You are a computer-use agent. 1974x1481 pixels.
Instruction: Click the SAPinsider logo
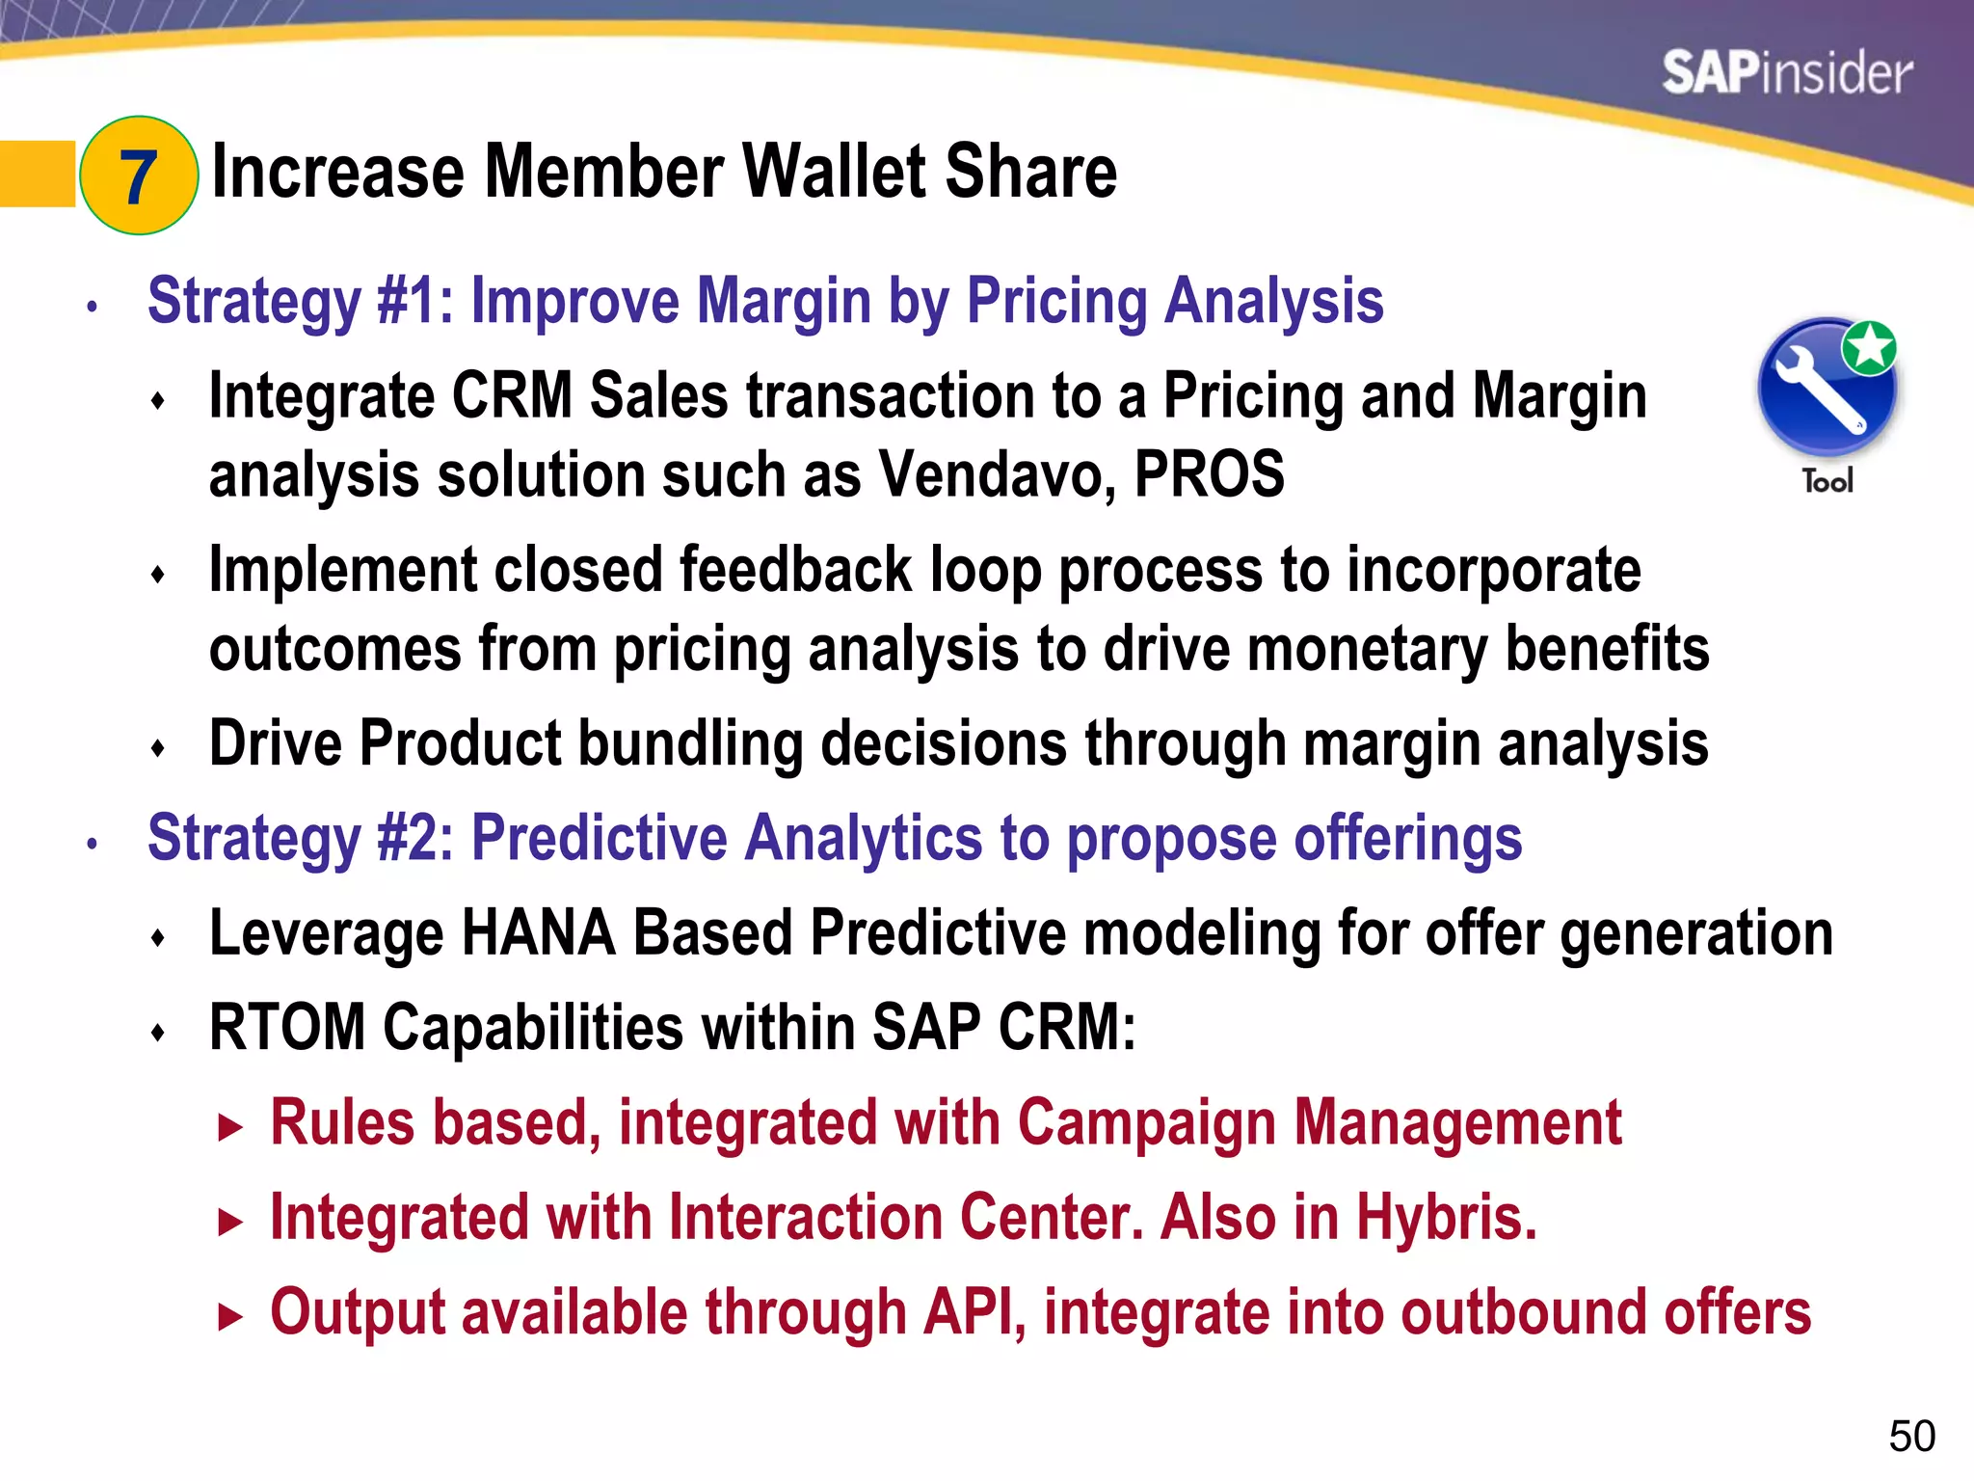[x=1786, y=73]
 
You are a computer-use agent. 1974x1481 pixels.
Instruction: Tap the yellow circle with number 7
[x=139, y=175]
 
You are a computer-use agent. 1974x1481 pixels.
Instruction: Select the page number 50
[x=1911, y=1437]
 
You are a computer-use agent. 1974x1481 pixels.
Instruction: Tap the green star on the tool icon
[x=1869, y=347]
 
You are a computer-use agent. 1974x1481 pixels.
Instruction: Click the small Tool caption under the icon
[x=1827, y=481]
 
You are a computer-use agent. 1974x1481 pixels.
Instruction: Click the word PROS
[x=1209, y=475]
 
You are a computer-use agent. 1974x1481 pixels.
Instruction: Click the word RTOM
[x=286, y=1028]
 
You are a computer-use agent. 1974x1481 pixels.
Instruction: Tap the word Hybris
[x=1445, y=1218]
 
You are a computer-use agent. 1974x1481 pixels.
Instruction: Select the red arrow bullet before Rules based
[x=229, y=1127]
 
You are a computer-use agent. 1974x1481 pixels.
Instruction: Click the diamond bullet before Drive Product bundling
[x=159, y=748]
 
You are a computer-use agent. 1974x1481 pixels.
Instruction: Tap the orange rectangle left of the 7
[x=38, y=175]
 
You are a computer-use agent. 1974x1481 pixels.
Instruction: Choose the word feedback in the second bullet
[x=795, y=570]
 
